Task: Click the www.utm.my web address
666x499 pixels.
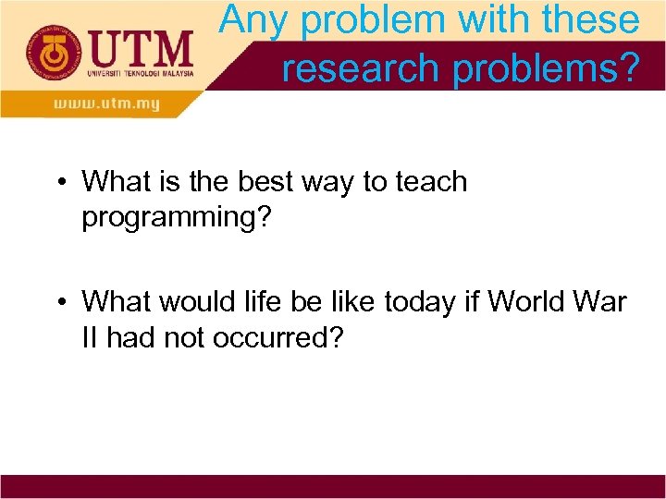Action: (106, 104)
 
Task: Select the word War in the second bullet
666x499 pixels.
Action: (602, 302)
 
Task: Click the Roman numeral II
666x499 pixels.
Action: (90, 337)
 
